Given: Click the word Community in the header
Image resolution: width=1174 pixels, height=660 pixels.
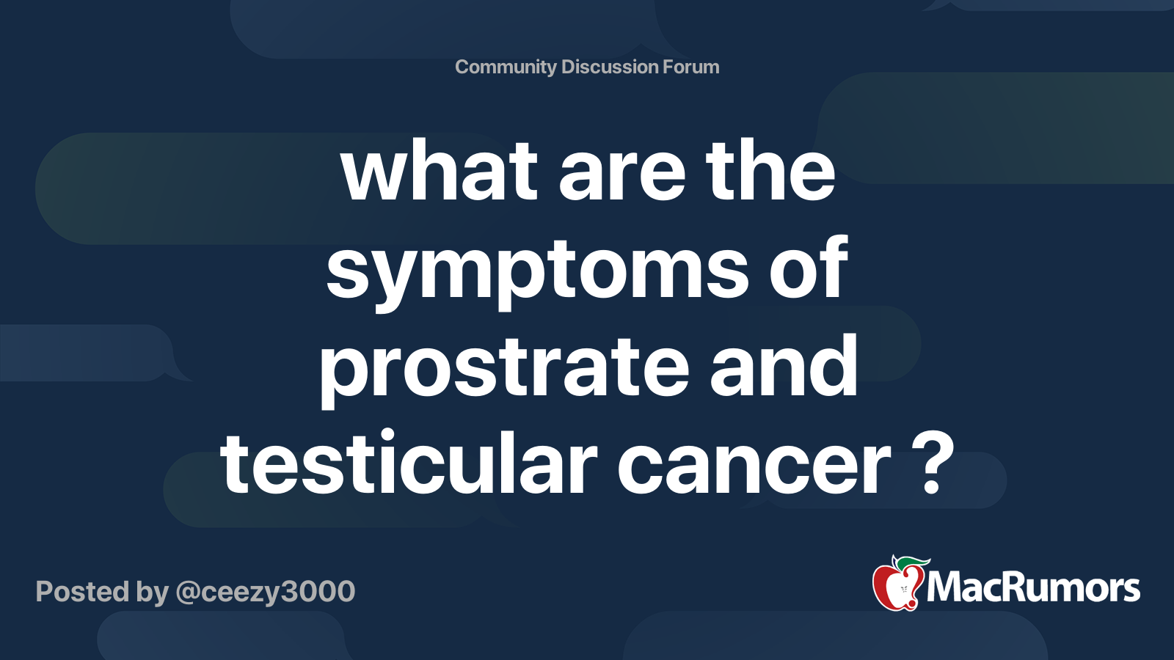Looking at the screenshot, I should pos(506,67).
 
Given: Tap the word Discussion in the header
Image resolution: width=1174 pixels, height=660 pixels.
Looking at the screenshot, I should pos(610,67).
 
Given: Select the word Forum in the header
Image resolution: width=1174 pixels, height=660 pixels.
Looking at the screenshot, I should pos(691,67).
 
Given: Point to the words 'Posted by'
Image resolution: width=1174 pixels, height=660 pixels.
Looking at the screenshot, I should pos(102,592).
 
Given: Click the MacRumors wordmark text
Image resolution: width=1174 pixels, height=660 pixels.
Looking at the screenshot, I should pos(1033,588).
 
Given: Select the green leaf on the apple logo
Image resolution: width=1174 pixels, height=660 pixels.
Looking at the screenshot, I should pos(912,562).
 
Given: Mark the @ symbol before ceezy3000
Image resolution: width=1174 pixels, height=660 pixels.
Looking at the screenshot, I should pos(188,593).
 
